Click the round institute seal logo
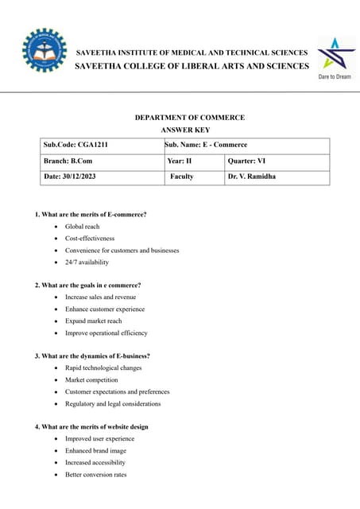45,52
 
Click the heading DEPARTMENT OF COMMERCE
189,118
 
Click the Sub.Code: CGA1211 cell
101,145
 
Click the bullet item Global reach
82,227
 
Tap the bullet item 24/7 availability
87,262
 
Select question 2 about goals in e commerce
88,286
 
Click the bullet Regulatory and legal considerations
112,404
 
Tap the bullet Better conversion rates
95,475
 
